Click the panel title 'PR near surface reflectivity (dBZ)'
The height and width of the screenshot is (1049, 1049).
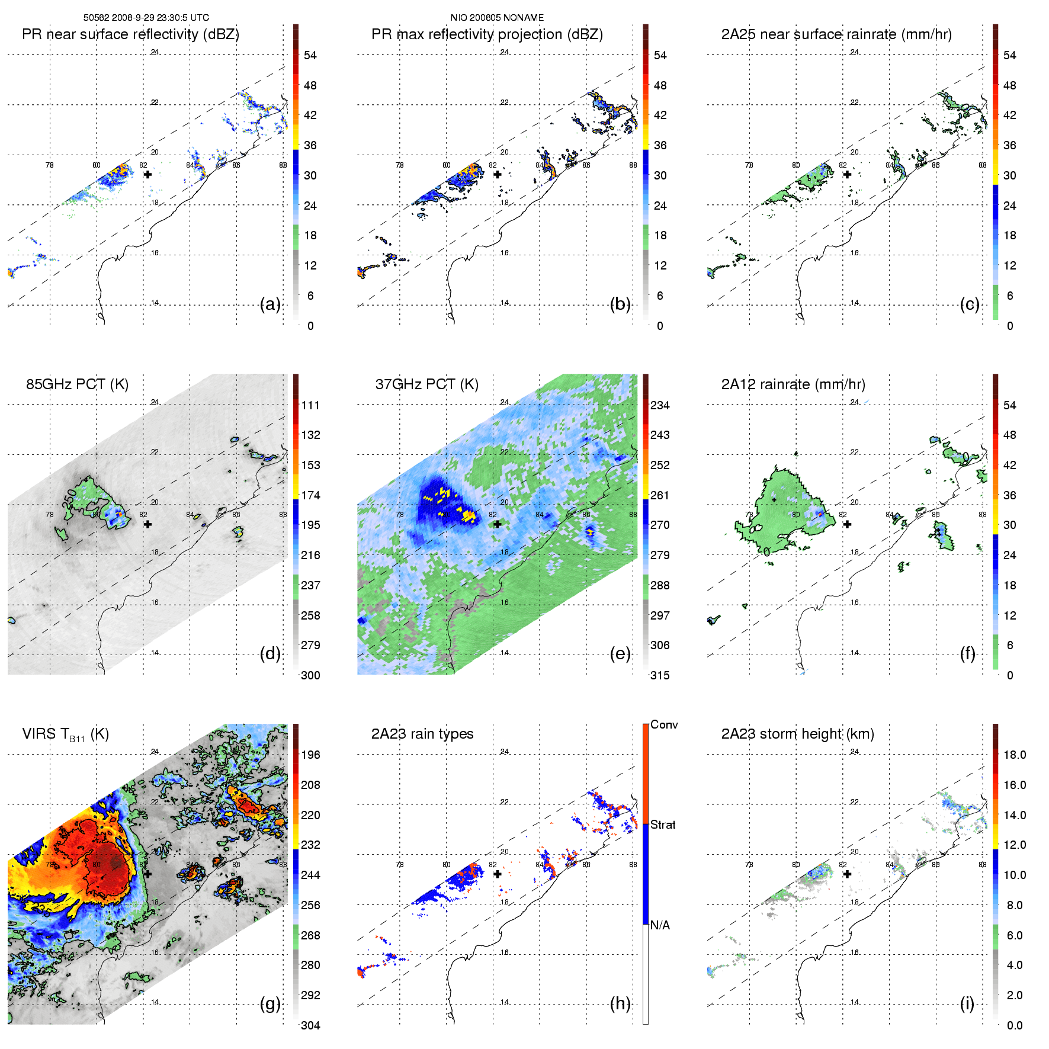coord(130,34)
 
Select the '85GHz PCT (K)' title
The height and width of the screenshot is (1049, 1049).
coord(77,384)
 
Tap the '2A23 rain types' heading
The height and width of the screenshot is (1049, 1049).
coord(422,734)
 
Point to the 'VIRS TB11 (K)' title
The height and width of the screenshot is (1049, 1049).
coord(65,734)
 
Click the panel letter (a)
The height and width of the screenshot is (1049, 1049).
coord(270,304)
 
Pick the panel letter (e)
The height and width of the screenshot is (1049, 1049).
coord(620,654)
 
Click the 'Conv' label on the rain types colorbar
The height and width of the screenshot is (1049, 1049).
coord(664,724)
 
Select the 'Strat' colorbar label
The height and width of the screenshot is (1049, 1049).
coord(663,825)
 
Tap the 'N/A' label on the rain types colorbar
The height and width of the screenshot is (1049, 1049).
coord(660,925)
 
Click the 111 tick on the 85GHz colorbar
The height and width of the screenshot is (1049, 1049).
coord(310,405)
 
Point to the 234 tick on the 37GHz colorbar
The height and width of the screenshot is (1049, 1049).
coord(660,405)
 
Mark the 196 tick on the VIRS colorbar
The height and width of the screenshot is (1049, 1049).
coord(310,755)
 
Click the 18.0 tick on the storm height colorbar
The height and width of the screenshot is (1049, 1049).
coord(1015,755)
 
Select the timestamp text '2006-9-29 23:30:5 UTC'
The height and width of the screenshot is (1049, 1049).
coord(157,18)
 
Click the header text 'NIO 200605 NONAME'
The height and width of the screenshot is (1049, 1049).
coord(497,18)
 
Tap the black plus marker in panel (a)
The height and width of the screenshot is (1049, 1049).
coord(147,174)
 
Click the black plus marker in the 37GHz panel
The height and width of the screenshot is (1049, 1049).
coord(498,524)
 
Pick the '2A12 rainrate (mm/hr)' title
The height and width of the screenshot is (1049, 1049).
coord(793,384)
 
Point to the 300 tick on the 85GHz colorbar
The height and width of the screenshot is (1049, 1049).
coord(310,675)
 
